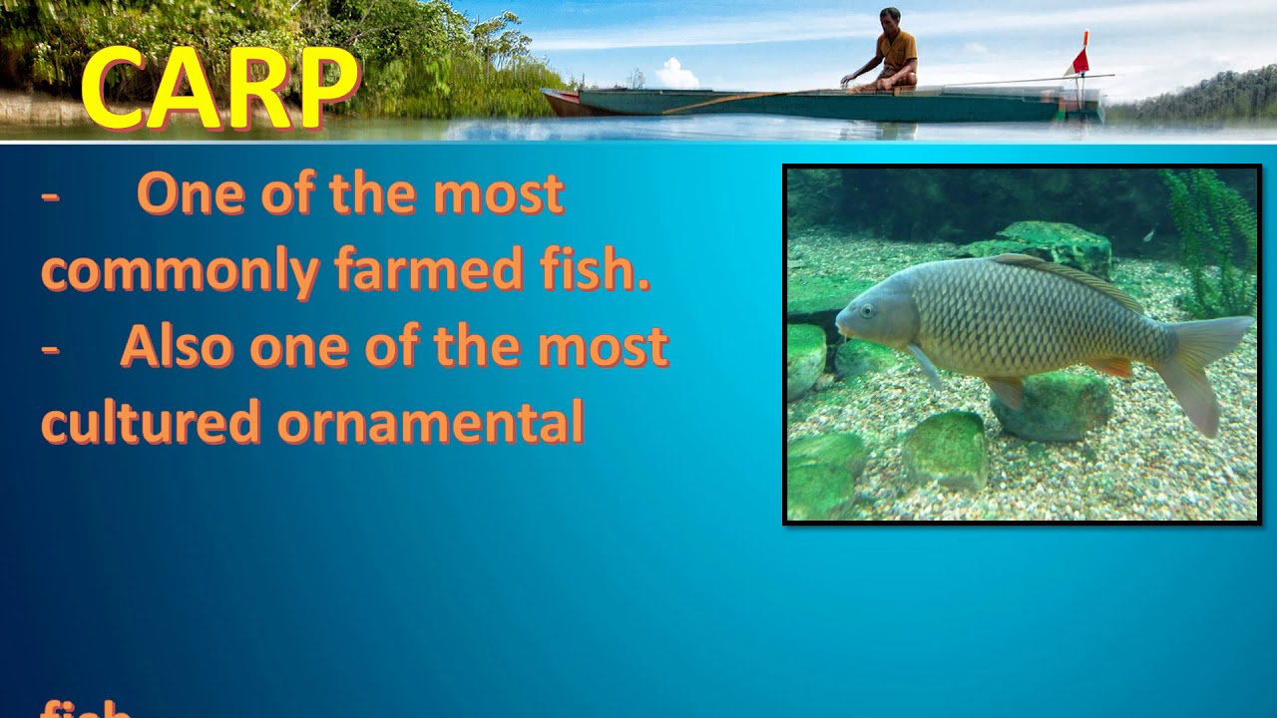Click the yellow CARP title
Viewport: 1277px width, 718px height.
219,88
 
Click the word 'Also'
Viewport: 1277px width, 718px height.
177,346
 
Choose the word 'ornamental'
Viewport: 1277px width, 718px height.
430,422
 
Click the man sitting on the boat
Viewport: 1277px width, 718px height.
887,52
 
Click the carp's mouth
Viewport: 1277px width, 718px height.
840,325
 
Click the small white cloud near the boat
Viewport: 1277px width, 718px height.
676,73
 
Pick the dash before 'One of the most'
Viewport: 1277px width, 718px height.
50,195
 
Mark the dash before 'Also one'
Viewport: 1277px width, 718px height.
50,348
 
